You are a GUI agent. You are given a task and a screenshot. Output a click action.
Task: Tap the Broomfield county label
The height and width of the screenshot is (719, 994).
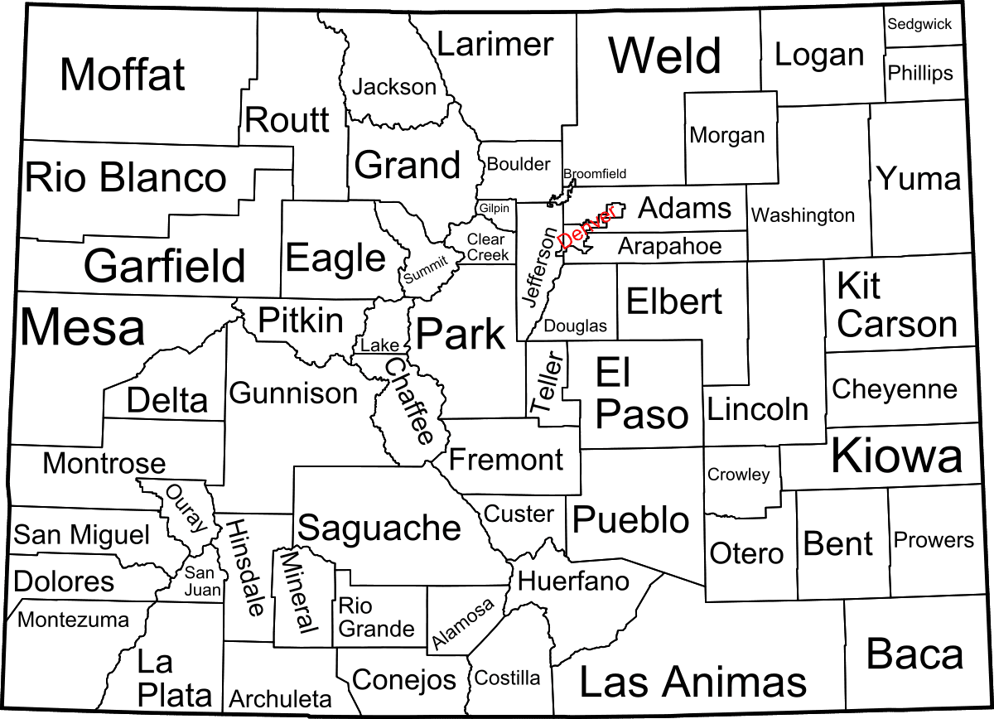coord(595,174)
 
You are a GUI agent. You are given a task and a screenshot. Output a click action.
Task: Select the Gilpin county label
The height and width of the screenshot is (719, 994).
coord(495,208)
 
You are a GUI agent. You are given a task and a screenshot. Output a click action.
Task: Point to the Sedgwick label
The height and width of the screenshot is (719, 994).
coord(919,24)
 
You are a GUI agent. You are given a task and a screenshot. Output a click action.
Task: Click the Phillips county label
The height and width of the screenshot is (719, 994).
coord(920,73)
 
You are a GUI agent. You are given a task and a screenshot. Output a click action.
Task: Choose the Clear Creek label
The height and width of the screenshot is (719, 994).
coord(487,247)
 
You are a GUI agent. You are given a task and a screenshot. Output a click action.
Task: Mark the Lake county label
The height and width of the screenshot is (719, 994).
coord(379,345)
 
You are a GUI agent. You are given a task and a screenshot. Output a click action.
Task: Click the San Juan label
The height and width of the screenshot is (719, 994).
coord(201,581)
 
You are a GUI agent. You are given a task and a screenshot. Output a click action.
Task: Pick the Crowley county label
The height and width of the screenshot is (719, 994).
coord(738,475)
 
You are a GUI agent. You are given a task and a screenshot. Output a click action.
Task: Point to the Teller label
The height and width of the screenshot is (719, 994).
coord(547,384)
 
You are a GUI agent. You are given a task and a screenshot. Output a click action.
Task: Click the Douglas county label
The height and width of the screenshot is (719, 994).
coord(575,326)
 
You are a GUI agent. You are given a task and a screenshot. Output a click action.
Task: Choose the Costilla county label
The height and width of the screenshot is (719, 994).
coord(507,678)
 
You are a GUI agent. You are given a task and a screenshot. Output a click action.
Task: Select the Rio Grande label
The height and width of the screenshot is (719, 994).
coord(375,618)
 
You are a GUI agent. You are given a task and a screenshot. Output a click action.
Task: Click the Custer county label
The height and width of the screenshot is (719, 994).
coord(519,514)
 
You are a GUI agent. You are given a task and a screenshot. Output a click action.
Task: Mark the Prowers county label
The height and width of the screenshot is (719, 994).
coord(933,540)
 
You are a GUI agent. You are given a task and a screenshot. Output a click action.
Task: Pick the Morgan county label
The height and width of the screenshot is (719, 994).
coord(727,134)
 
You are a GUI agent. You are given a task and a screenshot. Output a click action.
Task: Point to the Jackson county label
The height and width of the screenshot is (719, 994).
coord(394,86)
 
